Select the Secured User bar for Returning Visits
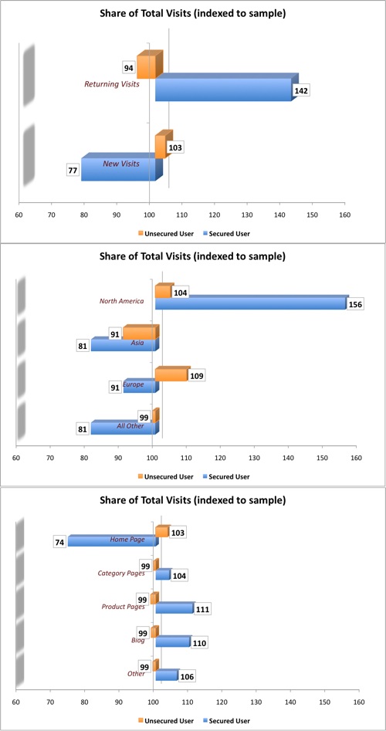point(223,90)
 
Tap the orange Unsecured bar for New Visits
point(161,146)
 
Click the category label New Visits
point(121,164)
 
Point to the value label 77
point(74,170)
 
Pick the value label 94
point(129,67)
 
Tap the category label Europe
point(133,384)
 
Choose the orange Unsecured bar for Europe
point(171,375)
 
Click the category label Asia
point(137,343)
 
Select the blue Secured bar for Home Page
point(111,542)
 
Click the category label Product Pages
point(124,607)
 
